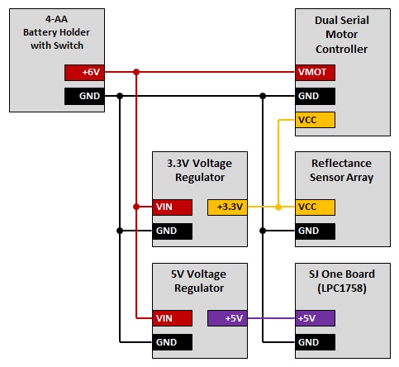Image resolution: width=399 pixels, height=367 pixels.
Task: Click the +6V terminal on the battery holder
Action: [84, 73]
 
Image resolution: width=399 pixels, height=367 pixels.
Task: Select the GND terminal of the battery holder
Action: [84, 96]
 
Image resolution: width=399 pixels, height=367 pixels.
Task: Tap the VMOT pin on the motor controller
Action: [315, 73]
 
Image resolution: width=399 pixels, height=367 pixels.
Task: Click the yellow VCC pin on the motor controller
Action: [315, 120]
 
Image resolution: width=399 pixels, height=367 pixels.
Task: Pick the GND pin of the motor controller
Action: [315, 96]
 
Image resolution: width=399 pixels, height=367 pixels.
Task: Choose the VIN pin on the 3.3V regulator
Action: [173, 207]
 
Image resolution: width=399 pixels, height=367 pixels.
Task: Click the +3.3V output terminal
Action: [227, 207]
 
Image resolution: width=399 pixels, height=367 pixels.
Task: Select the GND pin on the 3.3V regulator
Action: [173, 231]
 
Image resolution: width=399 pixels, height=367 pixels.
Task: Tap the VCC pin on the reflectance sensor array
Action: [315, 207]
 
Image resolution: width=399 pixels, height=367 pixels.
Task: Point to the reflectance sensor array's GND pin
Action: [315, 231]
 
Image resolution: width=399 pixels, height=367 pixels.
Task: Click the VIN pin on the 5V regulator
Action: [173, 318]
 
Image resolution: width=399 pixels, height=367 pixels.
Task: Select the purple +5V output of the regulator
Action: [227, 318]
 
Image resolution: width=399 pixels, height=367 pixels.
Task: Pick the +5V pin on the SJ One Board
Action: [315, 318]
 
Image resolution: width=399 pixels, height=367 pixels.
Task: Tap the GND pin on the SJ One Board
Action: [315, 342]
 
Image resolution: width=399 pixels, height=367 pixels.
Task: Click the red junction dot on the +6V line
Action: [136, 72]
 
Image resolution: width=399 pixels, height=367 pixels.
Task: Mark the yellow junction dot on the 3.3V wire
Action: [278, 207]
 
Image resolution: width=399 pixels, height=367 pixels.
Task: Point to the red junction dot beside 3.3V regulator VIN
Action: [136, 207]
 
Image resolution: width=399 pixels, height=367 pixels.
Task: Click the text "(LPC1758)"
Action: [342, 288]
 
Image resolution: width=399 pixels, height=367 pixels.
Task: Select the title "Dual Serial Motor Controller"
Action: [342, 35]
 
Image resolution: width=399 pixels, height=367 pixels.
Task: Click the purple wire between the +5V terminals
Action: [271, 318]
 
